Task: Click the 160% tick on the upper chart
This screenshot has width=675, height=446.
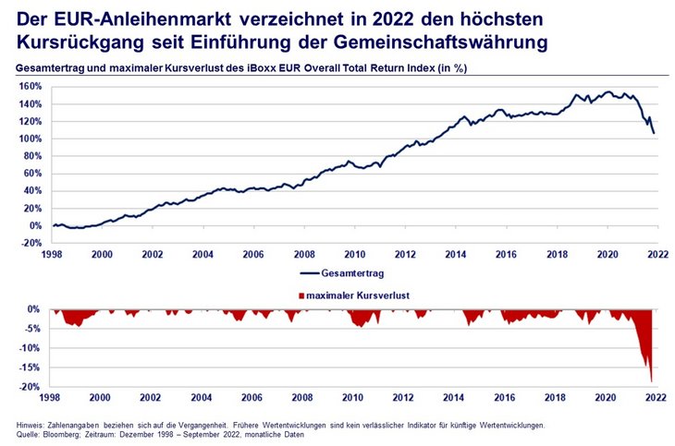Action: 29,86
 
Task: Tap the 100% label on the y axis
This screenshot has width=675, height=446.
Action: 29,139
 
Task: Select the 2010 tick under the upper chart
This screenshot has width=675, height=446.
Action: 353,254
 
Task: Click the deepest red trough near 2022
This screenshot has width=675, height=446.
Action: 651,380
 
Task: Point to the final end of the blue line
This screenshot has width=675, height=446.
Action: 654,134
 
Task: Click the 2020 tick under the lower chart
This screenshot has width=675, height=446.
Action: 605,398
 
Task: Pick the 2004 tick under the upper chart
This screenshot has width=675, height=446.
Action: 202,254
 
